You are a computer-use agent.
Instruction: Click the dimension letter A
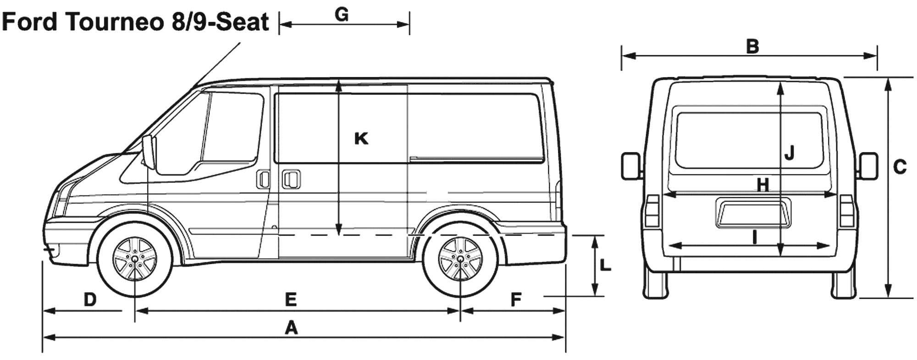291,328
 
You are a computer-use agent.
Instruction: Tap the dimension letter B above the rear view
752,46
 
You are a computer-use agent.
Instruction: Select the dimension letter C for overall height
900,167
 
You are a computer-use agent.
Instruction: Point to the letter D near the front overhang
90,299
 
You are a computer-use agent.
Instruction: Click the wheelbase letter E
291,299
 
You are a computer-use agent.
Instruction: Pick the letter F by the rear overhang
516,300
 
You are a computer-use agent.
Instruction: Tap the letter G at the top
342,15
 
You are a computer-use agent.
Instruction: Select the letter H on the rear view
762,185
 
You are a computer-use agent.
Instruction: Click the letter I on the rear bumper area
754,237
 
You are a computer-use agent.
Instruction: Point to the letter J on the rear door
789,153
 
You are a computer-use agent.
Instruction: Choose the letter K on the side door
361,138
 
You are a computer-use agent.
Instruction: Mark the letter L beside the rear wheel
605,265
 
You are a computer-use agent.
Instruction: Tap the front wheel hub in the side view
135,259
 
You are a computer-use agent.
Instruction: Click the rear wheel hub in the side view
460,259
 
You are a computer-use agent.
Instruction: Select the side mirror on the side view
149,152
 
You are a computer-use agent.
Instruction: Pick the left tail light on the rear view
652,211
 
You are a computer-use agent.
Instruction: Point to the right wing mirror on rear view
868,166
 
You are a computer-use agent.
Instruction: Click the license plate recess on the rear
753,213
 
